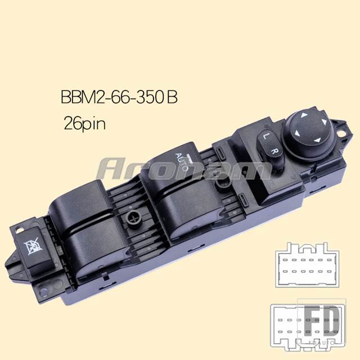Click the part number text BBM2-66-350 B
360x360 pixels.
119,97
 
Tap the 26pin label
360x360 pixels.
85,124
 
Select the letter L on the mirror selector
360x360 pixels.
265,136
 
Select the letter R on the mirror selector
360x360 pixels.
274,151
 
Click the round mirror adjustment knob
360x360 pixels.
309,133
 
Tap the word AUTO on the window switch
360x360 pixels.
182,162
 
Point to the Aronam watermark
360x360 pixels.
184,169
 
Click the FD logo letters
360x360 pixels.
322,321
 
